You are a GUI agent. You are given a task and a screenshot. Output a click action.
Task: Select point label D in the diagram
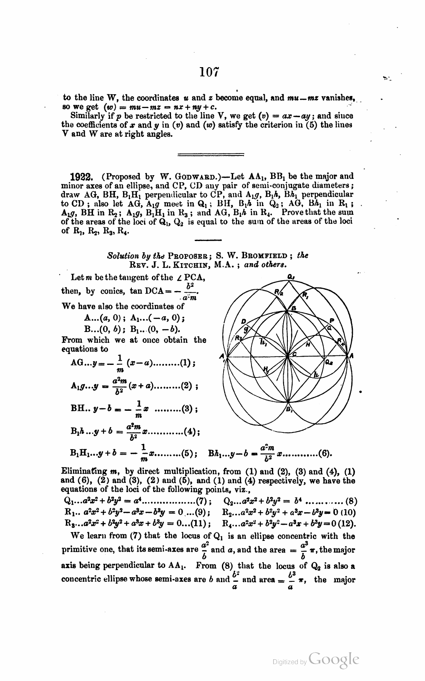click(244, 321)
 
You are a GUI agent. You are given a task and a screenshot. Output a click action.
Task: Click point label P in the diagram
click(332, 320)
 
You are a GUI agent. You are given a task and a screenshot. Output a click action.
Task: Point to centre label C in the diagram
click(294, 354)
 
